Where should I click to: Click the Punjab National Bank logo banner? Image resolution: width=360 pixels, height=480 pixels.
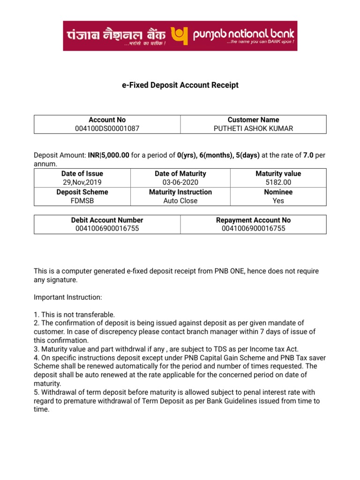180,36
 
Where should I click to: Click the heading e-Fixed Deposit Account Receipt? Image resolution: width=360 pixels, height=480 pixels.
180,85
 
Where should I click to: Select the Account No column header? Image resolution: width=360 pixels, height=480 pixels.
107,120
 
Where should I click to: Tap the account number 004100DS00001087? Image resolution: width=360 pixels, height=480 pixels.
107,128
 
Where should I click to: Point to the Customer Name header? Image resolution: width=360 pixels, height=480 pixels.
253,120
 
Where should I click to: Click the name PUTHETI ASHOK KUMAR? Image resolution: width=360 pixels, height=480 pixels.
253,128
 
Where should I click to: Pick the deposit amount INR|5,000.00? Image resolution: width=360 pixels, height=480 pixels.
108,156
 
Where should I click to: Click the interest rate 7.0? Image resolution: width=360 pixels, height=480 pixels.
308,156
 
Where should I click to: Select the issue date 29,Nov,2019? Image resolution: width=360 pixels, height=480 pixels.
82,182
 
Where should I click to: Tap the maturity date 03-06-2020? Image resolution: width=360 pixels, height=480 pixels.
180,182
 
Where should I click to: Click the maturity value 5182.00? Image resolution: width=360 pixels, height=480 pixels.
278,182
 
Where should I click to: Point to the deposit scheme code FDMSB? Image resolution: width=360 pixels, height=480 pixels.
82,201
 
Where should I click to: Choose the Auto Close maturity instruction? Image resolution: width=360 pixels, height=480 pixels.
180,201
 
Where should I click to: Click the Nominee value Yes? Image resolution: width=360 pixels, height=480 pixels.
278,201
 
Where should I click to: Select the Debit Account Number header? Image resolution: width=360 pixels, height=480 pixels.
107,220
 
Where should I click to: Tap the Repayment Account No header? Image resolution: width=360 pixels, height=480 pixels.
253,220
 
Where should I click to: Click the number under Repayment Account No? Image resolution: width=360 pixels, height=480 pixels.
253,229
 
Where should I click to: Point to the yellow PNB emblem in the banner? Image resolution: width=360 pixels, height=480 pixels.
180,34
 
